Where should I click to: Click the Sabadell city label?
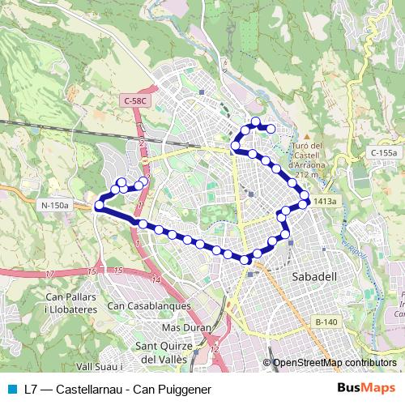(313, 277)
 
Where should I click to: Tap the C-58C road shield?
(136, 100)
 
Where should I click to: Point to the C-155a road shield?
(384, 152)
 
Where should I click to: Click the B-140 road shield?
(326, 322)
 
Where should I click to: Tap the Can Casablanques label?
(149, 306)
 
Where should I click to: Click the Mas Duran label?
(181, 328)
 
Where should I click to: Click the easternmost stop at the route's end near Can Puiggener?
(271, 128)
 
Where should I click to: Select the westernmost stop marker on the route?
(99, 206)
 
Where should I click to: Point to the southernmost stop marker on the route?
(245, 259)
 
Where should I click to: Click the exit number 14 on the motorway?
(155, 279)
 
